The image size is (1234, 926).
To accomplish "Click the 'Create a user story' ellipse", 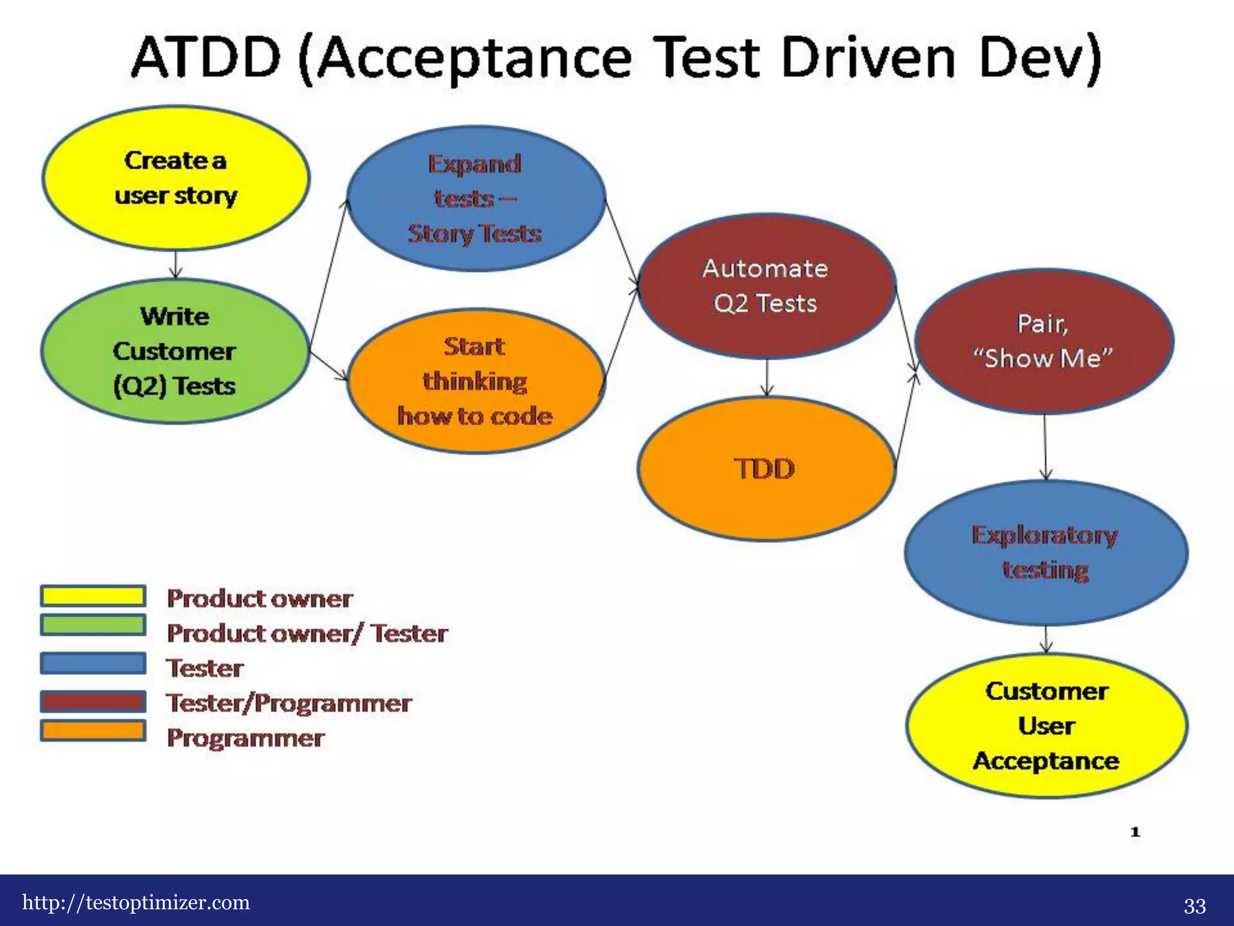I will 176,178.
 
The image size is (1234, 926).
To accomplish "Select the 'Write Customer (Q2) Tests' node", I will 175,351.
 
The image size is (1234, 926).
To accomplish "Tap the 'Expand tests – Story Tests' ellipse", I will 476,199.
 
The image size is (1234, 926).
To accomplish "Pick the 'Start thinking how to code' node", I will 476,381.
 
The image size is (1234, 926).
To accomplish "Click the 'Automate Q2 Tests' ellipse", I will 766,286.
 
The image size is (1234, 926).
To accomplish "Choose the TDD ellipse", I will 766,468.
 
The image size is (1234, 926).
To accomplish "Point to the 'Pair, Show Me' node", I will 1044,341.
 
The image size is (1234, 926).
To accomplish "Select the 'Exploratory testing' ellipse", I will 1046,553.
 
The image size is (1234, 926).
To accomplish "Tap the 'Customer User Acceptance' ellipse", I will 1047,726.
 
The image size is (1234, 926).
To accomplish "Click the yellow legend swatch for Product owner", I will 93,596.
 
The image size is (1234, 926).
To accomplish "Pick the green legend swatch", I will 93,625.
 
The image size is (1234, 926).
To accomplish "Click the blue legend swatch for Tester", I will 93,663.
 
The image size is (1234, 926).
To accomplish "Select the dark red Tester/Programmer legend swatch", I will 93,701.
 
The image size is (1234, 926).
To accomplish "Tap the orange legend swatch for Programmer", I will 93,731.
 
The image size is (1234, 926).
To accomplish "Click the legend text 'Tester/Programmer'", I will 289,703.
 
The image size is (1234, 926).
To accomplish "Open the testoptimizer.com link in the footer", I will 136,902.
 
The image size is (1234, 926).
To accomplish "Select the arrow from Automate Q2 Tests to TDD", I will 766,378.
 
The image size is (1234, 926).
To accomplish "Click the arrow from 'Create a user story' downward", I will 175,264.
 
